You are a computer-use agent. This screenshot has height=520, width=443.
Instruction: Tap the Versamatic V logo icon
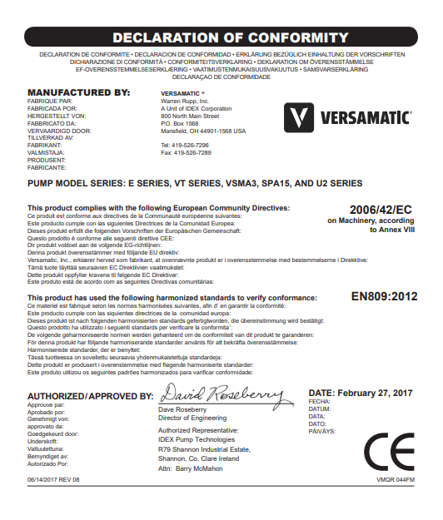coord(296,116)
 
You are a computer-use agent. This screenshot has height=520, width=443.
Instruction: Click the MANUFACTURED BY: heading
coord(79,92)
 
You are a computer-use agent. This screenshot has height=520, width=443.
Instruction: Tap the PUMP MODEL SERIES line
coord(196,182)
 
